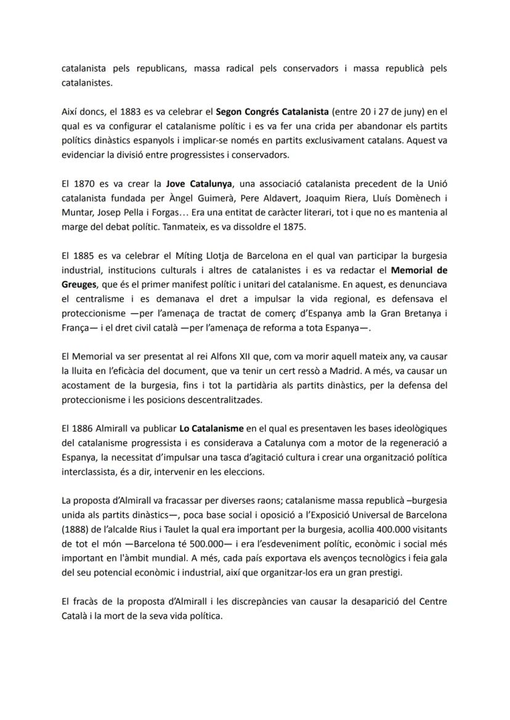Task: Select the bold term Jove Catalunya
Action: (199, 183)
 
